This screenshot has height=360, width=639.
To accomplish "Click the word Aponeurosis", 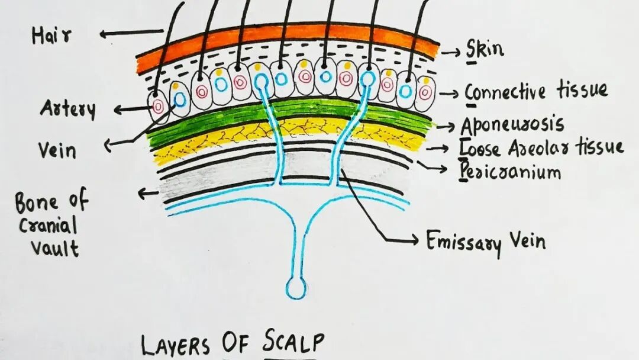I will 512,125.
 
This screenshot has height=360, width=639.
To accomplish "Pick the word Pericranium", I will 510,172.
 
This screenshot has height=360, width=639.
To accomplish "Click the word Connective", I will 505,92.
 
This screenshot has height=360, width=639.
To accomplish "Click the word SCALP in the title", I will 291,343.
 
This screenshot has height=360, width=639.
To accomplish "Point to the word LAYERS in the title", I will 178,345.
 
